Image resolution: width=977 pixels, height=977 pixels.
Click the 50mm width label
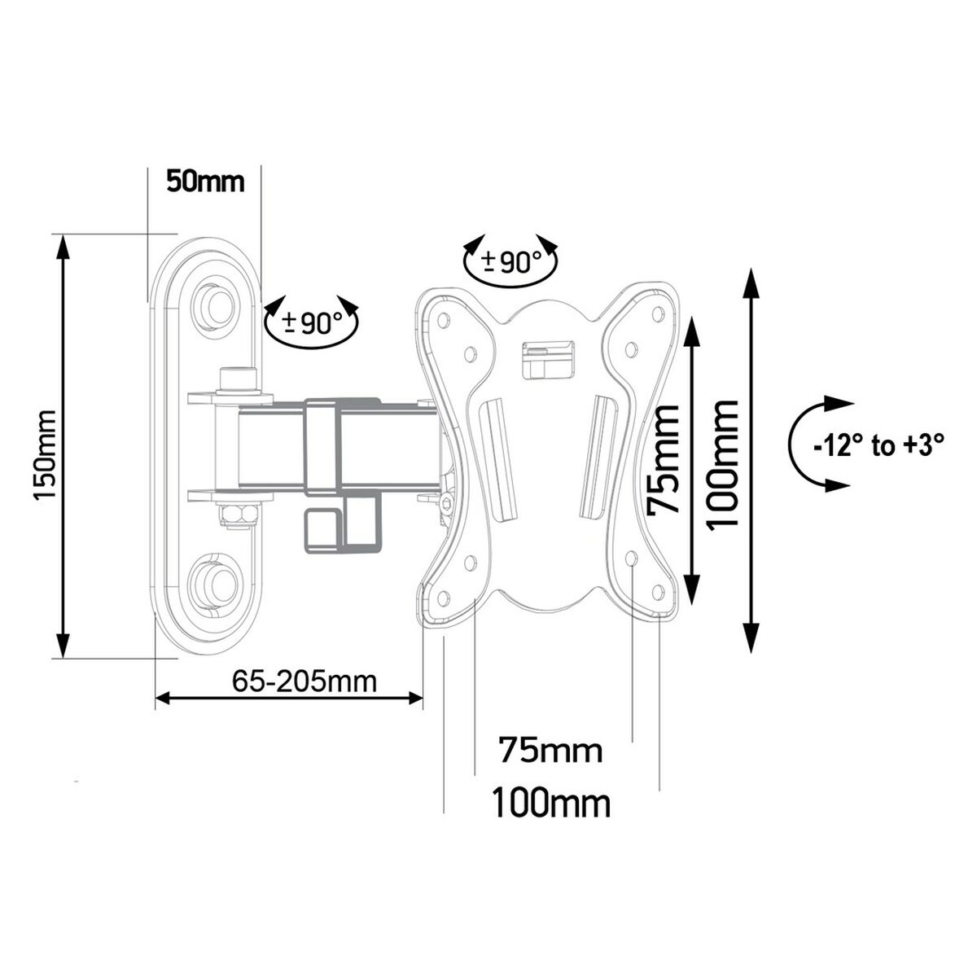point(205,181)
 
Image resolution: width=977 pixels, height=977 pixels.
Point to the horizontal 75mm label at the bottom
point(551,749)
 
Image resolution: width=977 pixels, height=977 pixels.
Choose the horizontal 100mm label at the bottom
point(550,804)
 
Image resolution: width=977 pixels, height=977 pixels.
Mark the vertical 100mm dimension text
point(723,464)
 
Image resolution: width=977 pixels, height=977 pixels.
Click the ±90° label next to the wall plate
point(313,324)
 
